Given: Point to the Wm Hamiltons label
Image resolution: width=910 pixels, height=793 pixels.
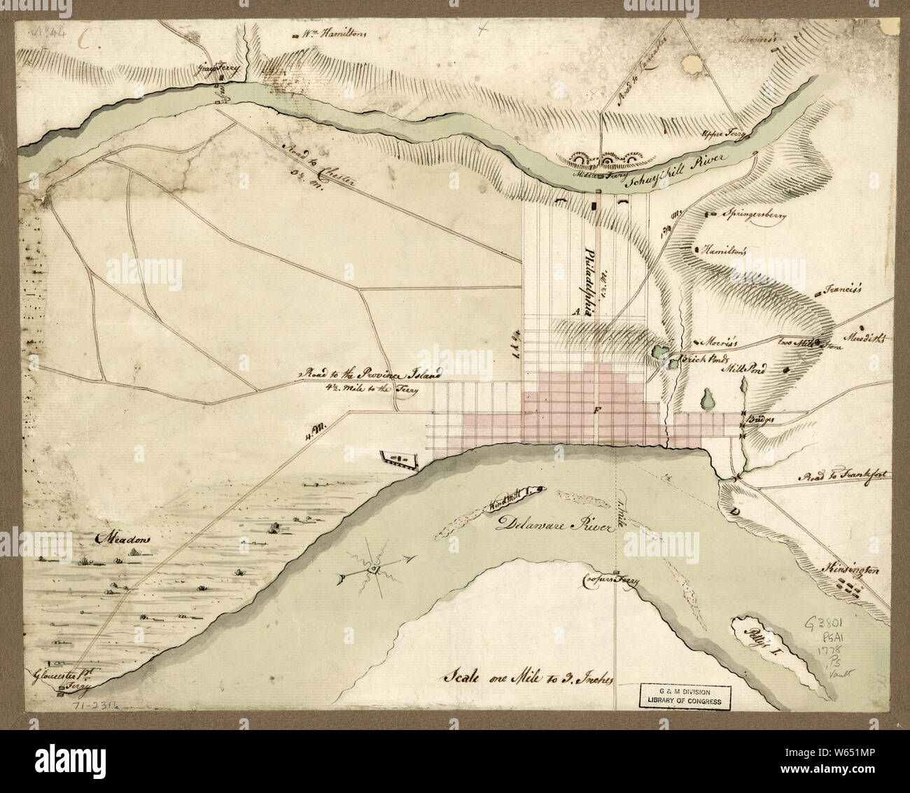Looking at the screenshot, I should (333, 34).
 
